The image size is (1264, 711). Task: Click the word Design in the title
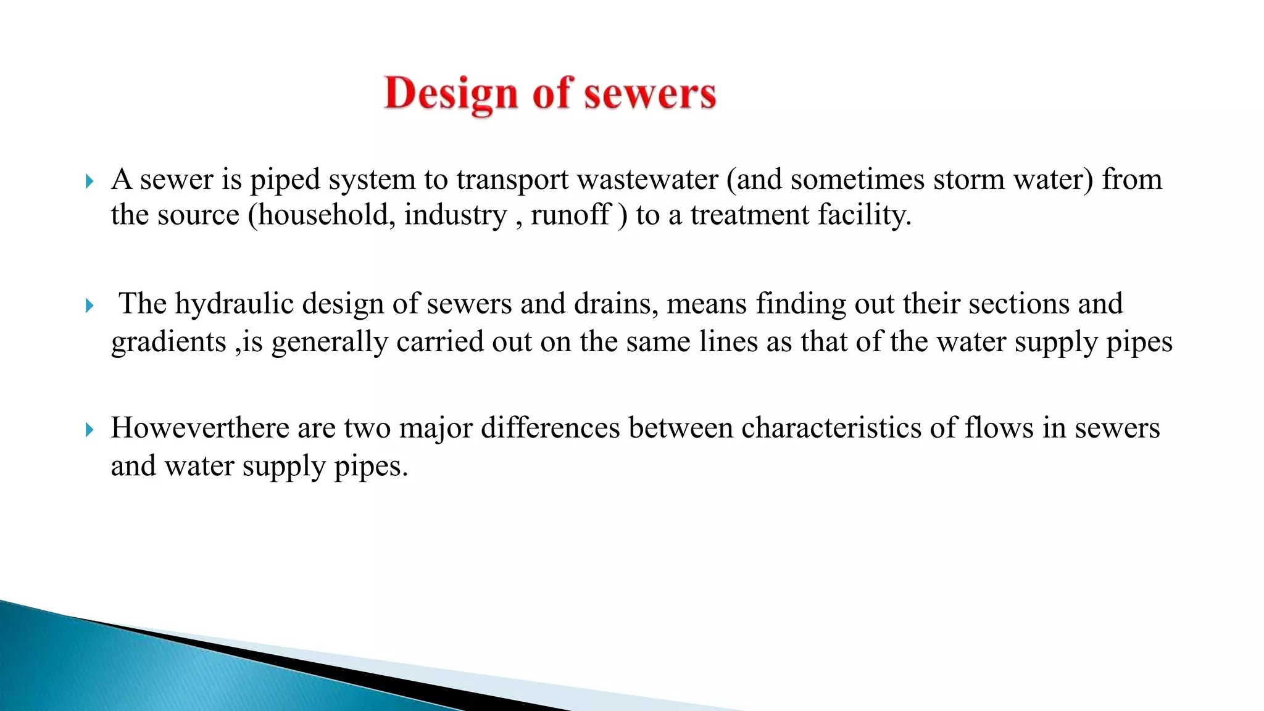[451, 94]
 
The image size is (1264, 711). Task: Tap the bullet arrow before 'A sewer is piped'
[89, 181]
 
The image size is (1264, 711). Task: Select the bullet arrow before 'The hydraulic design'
[89, 306]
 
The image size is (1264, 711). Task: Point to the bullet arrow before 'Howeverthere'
[89, 430]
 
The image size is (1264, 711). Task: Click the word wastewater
[647, 180]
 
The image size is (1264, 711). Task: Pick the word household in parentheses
[325, 215]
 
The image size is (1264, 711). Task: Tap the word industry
[455, 215]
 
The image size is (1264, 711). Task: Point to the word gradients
[168, 343]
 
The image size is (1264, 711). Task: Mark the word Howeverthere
[199, 428]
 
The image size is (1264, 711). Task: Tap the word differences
[550, 428]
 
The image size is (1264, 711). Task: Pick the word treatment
[749, 215]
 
